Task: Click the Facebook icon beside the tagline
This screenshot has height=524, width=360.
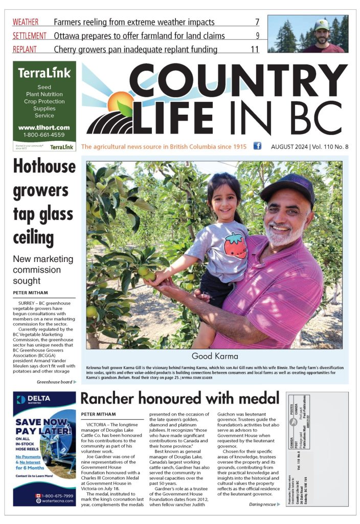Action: tap(257, 146)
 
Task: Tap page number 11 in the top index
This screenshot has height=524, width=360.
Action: tap(255, 49)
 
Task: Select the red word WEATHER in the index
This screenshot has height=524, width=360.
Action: tap(26, 22)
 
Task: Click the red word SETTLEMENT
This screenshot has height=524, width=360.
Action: tap(30, 36)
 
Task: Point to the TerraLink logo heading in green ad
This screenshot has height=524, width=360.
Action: tap(44, 73)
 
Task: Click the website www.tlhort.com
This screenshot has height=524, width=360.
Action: tap(44, 127)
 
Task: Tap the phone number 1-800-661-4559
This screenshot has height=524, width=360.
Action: tap(44, 135)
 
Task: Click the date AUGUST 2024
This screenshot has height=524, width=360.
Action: tap(289, 147)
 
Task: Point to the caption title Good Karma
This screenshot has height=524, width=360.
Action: tap(214, 356)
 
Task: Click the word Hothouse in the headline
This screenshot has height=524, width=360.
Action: tap(44, 166)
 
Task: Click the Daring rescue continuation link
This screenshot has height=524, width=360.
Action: tap(264, 504)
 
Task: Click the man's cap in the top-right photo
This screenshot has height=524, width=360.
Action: tap(322, 24)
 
